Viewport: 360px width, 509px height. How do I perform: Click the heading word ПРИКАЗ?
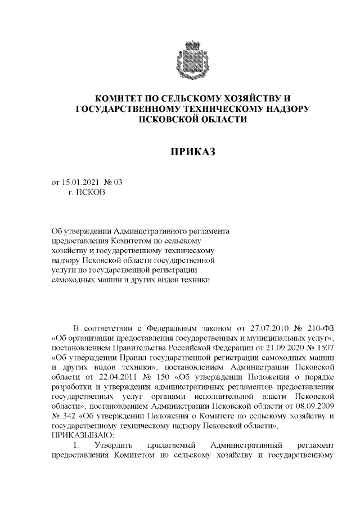tap(192, 152)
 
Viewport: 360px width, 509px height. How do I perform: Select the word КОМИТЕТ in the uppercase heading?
tap(121, 98)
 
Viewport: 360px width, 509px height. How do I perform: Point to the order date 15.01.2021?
tap(83, 182)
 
